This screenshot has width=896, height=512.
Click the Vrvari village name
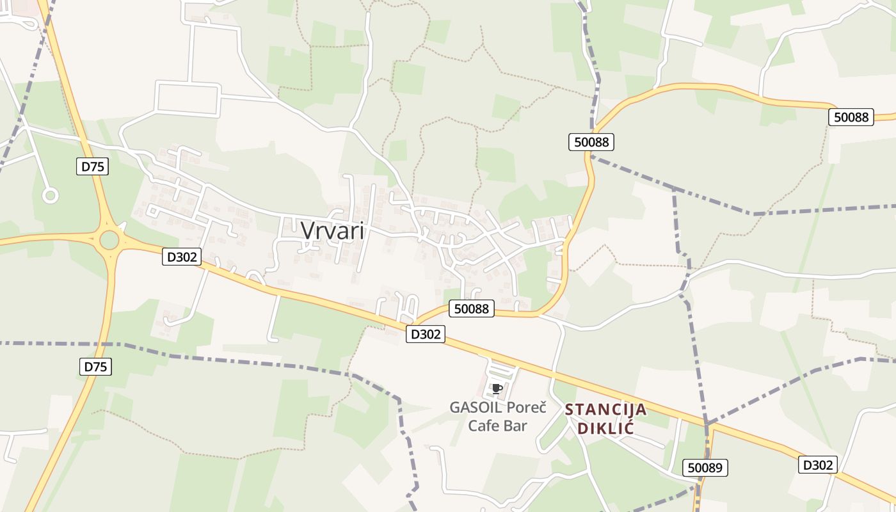pyautogui.click(x=333, y=230)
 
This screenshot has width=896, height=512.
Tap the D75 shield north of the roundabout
pyautogui.click(x=93, y=167)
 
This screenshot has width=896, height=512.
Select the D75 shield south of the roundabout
pyautogui.click(x=96, y=367)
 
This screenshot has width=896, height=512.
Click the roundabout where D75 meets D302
pyautogui.click(x=109, y=240)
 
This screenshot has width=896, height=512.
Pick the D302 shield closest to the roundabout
pyautogui.click(x=182, y=257)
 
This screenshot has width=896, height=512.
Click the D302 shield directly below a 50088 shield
pyautogui.click(x=425, y=333)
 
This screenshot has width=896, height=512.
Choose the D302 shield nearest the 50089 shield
pyautogui.click(x=818, y=465)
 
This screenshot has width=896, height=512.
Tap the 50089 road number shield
pyautogui.click(x=705, y=468)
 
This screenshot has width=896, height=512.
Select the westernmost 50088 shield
pyautogui.click(x=472, y=309)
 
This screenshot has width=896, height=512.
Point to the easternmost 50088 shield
pyautogui.click(x=851, y=117)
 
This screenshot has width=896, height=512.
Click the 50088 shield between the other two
pyautogui.click(x=591, y=142)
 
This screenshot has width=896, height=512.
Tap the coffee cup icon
pyautogui.click(x=497, y=388)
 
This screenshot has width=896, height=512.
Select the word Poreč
pyautogui.click(x=526, y=408)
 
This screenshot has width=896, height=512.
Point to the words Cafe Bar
pyautogui.click(x=497, y=426)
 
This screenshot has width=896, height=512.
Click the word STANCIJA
pyautogui.click(x=605, y=410)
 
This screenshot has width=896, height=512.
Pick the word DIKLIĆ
pyautogui.click(x=605, y=428)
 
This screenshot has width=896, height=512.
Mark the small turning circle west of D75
pyautogui.click(x=50, y=195)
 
